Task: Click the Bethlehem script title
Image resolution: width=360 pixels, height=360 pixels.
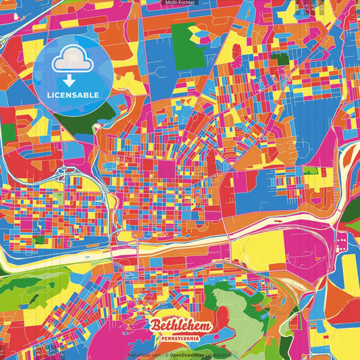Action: (x=181, y=325)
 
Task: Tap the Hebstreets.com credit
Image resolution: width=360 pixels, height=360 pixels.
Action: (x=144, y=355)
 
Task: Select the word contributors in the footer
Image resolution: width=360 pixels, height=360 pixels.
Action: (x=219, y=355)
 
